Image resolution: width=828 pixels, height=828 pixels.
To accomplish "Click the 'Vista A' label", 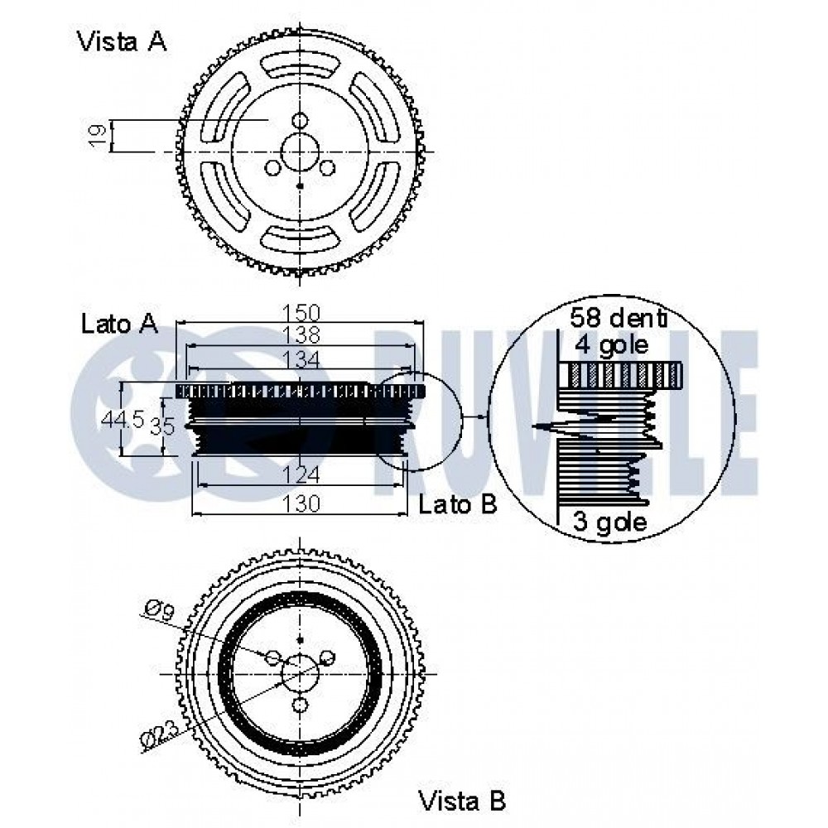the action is [123, 41].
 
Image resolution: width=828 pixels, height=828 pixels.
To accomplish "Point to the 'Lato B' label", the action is [458, 504].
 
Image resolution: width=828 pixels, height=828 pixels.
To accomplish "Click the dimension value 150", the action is [301, 313].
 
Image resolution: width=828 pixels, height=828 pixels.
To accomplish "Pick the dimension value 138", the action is [301, 335].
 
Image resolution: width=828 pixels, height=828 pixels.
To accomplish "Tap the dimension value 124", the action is [301, 474].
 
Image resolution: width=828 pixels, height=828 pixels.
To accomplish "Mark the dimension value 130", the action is [301, 503].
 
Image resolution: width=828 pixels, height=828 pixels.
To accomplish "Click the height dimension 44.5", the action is [122, 420].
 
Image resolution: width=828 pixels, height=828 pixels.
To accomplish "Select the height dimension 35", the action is [161, 425].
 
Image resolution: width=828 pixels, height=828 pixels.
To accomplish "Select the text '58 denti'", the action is [619, 319].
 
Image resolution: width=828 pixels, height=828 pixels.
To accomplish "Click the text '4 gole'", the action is [612, 344].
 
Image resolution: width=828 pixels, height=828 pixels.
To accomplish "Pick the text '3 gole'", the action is [610, 522].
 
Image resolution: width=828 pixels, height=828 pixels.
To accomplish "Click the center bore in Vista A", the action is [301, 152].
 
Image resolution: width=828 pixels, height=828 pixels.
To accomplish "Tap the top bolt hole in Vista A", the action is [301, 120].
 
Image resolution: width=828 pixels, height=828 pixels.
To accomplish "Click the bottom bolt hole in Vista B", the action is [301, 704].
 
